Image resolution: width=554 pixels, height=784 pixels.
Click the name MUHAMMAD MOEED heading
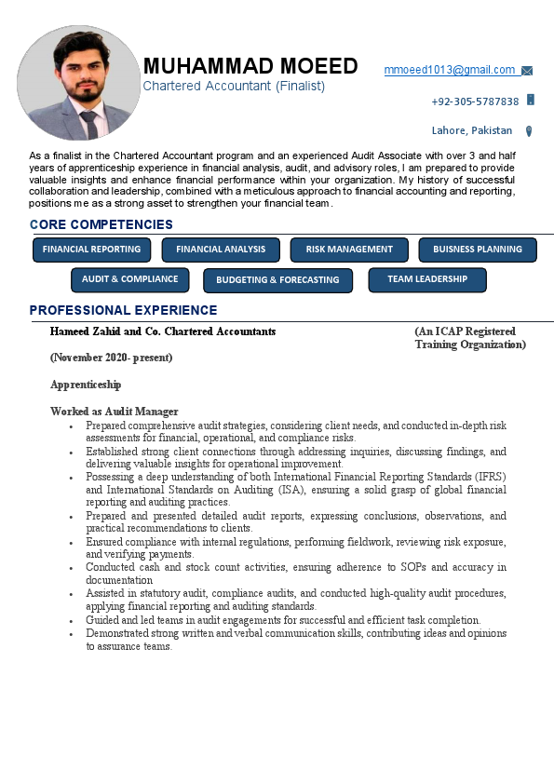pyautogui.click(x=250, y=66)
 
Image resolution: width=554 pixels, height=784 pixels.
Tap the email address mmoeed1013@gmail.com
pyautogui.click(x=450, y=70)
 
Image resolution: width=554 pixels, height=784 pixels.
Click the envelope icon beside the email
pyautogui.click(x=527, y=71)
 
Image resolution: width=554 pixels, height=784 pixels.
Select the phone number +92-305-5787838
pyautogui.click(x=475, y=101)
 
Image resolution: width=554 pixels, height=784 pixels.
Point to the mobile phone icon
pyautogui.click(x=531, y=100)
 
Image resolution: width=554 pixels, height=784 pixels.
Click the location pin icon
pyautogui.click(x=529, y=131)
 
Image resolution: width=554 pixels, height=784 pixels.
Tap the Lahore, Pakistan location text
pyautogui.click(x=472, y=130)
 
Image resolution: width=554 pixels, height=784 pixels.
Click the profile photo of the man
pyautogui.click(x=78, y=83)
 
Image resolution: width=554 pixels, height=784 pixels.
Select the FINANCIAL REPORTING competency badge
pyautogui.click(x=91, y=250)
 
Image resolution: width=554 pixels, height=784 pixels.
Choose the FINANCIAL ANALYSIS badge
pyautogui.click(x=221, y=250)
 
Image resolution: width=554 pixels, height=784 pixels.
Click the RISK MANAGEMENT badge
pyautogui.click(x=349, y=250)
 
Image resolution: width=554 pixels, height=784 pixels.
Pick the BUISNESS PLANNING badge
pyautogui.click(x=478, y=250)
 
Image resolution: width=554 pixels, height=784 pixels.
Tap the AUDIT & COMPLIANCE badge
pyautogui.click(x=129, y=279)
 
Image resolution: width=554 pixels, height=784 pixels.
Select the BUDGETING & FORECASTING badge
pyautogui.click(x=277, y=280)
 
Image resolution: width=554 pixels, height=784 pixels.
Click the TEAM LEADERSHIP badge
pyautogui.click(x=427, y=279)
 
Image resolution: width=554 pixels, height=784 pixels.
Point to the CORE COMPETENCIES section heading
pyautogui.click(x=101, y=224)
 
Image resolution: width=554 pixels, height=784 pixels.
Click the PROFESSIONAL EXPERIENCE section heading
pyautogui.click(x=123, y=310)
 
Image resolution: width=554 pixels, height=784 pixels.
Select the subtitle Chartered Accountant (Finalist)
pyautogui.click(x=234, y=86)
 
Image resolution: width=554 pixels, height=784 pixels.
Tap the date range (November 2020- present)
pyautogui.click(x=111, y=358)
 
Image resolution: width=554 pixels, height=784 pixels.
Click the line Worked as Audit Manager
pyautogui.click(x=114, y=412)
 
